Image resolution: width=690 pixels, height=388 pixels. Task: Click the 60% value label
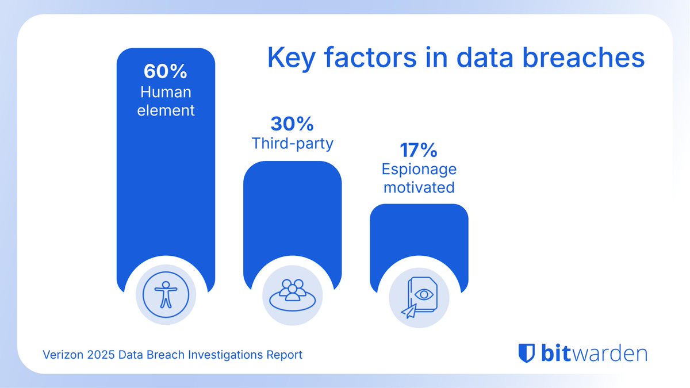[166, 72]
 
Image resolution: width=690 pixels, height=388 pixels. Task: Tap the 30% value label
[292, 124]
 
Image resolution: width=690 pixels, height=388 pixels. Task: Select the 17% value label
[419, 151]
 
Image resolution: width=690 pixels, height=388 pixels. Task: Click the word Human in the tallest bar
[166, 92]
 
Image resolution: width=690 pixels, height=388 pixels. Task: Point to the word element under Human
[166, 110]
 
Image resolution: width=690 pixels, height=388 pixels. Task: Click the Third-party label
[292, 143]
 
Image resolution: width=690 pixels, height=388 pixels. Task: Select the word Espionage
[419, 170]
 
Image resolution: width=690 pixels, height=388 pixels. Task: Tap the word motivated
[419, 187]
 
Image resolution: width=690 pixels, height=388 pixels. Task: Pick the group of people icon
[292, 291]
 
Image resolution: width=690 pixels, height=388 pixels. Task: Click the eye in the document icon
[424, 294]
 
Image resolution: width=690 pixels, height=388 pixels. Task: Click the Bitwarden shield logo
[526, 352]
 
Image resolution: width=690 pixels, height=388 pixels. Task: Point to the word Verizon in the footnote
[63, 355]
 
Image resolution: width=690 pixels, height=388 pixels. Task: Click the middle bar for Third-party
[292, 218]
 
